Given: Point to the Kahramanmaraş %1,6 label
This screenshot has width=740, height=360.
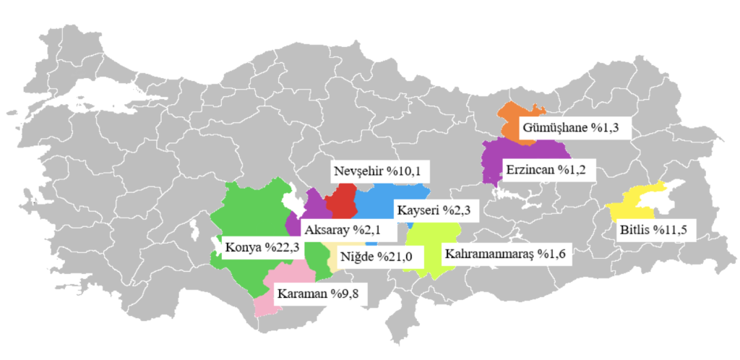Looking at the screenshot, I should [505, 255].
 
